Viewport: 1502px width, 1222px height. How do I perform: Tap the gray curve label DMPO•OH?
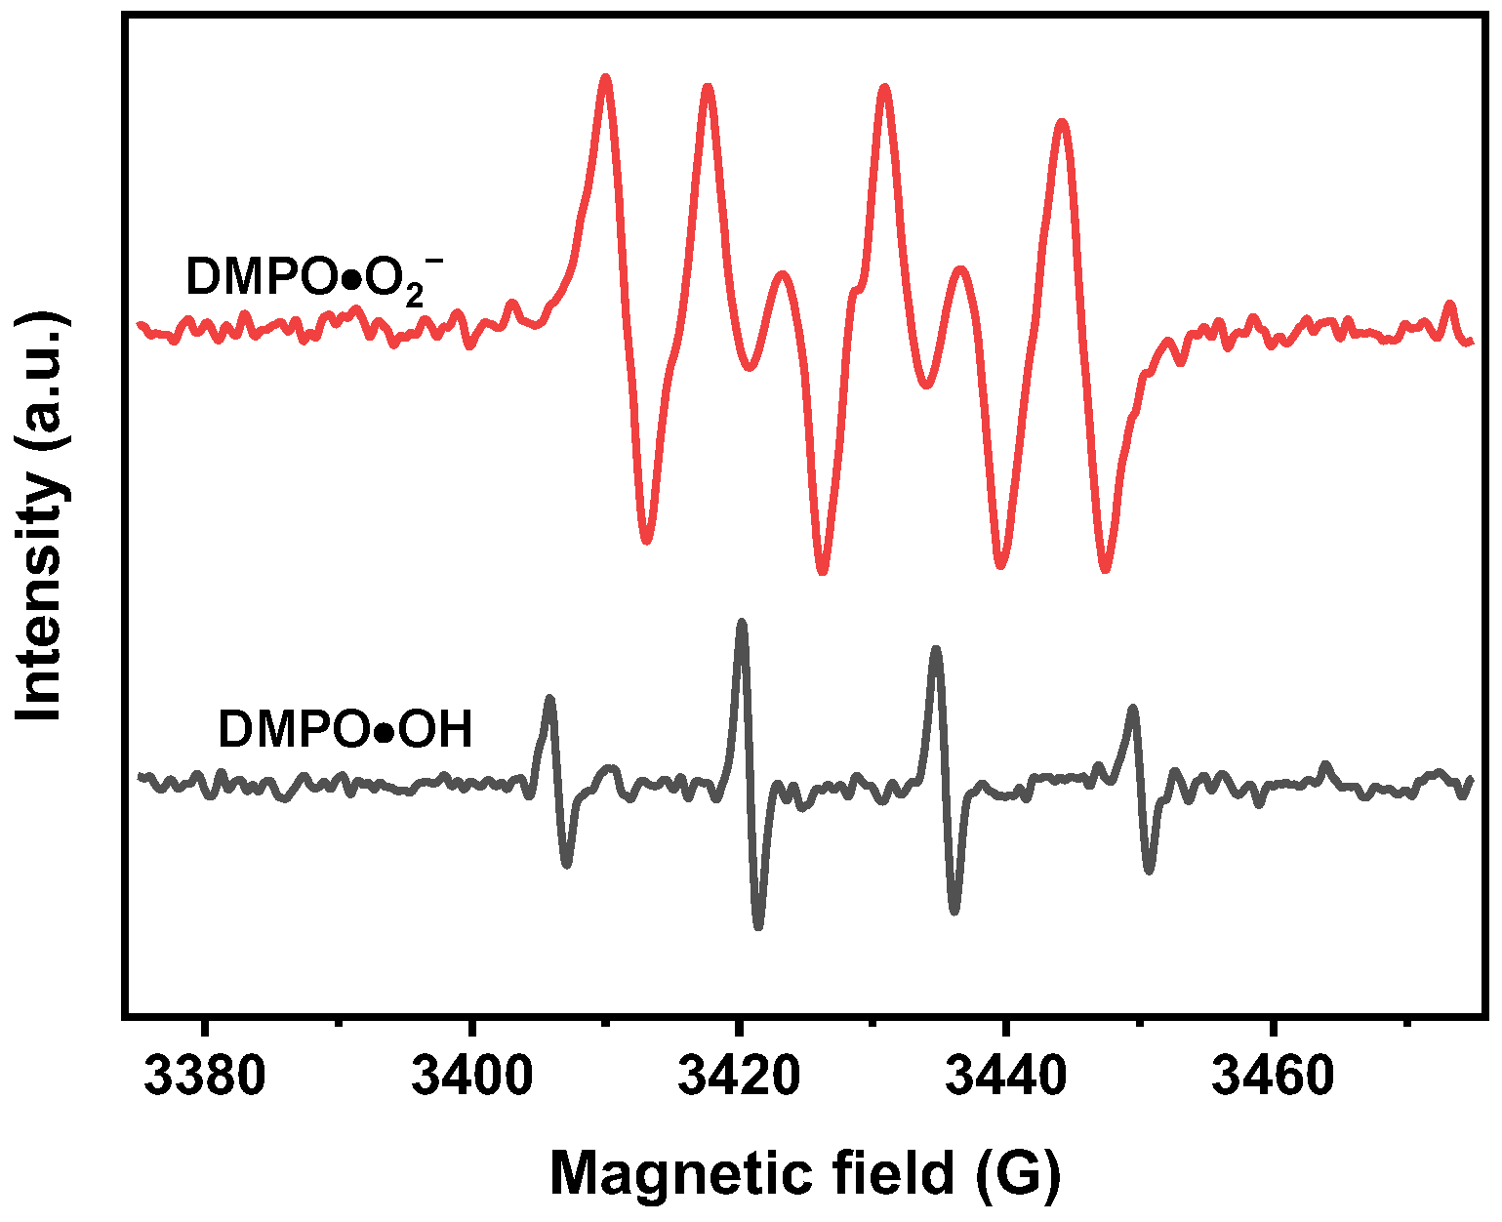click(345, 729)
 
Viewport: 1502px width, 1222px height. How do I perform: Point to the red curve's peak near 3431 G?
click(885, 89)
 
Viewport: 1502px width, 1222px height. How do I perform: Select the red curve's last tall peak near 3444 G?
click(1063, 124)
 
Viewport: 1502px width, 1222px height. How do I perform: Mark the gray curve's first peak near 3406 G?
click(549, 700)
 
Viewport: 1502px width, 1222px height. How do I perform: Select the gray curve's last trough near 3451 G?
click(1150, 870)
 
